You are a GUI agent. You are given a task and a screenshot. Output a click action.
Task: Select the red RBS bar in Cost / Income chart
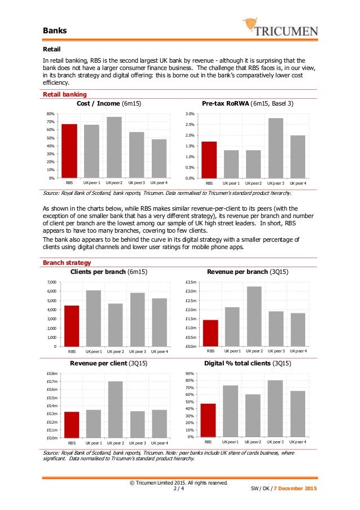[x=69, y=151]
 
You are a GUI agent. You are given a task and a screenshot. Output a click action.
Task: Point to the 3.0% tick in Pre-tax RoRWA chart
[x=190, y=114]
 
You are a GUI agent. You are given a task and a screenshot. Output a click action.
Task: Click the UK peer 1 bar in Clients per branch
[x=93, y=318]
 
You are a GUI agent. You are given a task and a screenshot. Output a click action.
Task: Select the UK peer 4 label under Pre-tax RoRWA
[x=297, y=184]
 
